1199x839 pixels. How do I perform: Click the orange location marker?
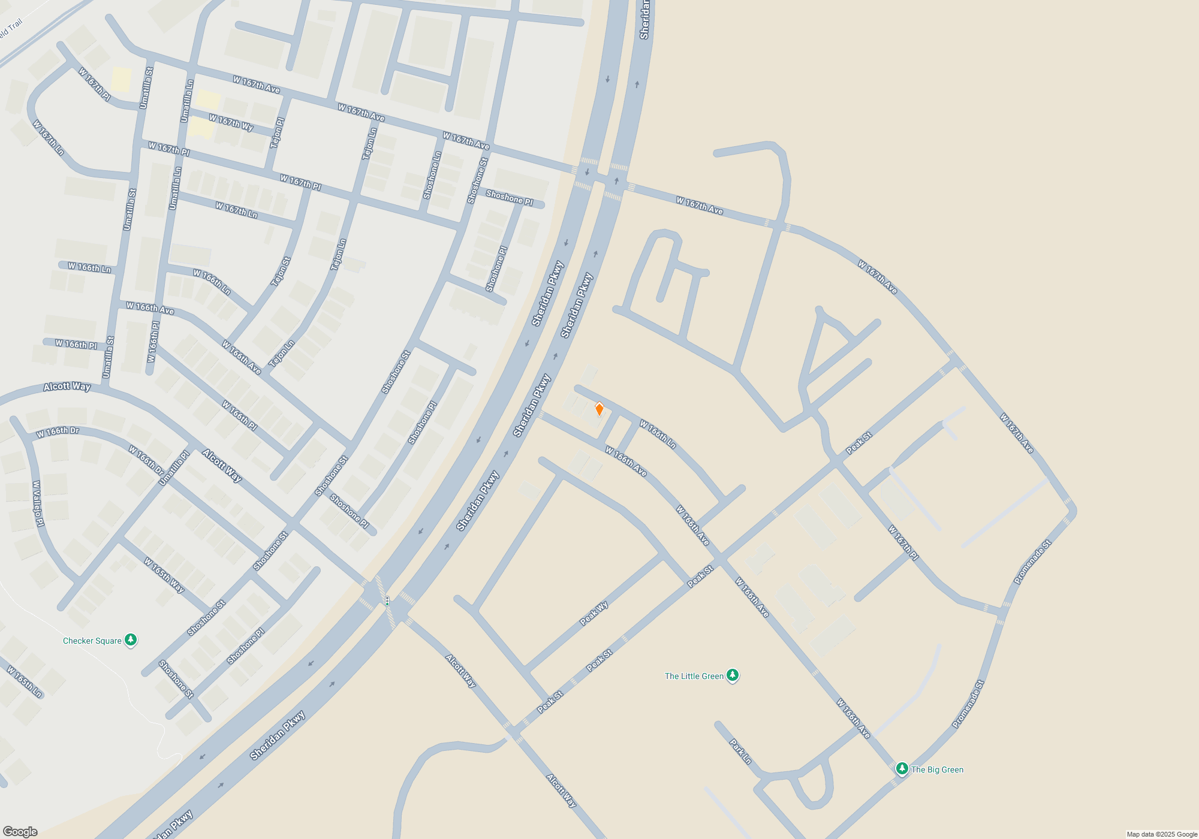pyautogui.click(x=599, y=409)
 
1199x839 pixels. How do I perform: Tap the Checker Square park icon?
pyautogui.click(x=131, y=640)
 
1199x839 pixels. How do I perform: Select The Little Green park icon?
pyautogui.click(x=732, y=675)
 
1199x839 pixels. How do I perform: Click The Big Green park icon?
pyautogui.click(x=902, y=769)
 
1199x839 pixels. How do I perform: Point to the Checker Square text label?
pyautogui.click(x=92, y=641)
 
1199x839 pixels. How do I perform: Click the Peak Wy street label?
pyautogui.click(x=594, y=614)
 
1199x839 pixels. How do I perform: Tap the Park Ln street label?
pyautogui.click(x=740, y=752)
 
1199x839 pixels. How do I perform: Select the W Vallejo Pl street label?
pyautogui.click(x=38, y=503)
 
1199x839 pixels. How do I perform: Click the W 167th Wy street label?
pyautogui.click(x=231, y=122)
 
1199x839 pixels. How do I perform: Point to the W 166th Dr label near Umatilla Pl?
pyautogui.click(x=146, y=460)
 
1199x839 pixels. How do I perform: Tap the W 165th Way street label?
pyautogui.click(x=164, y=575)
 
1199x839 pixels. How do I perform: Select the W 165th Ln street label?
pyautogui.click(x=25, y=681)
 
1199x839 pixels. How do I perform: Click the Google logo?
pyautogui.click(x=20, y=832)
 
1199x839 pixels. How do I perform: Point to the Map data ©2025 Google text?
pyautogui.click(x=1161, y=834)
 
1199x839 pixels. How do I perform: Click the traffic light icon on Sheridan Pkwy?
pyautogui.click(x=387, y=601)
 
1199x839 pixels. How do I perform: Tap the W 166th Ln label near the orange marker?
pyautogui.click(x=658, y=434)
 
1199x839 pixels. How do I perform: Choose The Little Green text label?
pyautogui.click(x=694, y=676)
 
